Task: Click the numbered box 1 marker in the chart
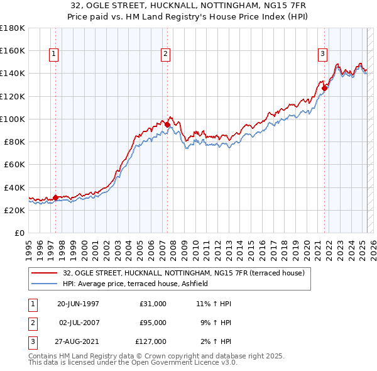tap(54, 55)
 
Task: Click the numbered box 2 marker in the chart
tap(165, 55)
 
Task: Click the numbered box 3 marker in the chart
tap(322, 55)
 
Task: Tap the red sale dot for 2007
tap(167, 125)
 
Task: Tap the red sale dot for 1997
tap(55, 197)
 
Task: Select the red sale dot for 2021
tap(325, 88)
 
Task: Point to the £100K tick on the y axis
tap(13, 119)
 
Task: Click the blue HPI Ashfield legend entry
tap(139, 284)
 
